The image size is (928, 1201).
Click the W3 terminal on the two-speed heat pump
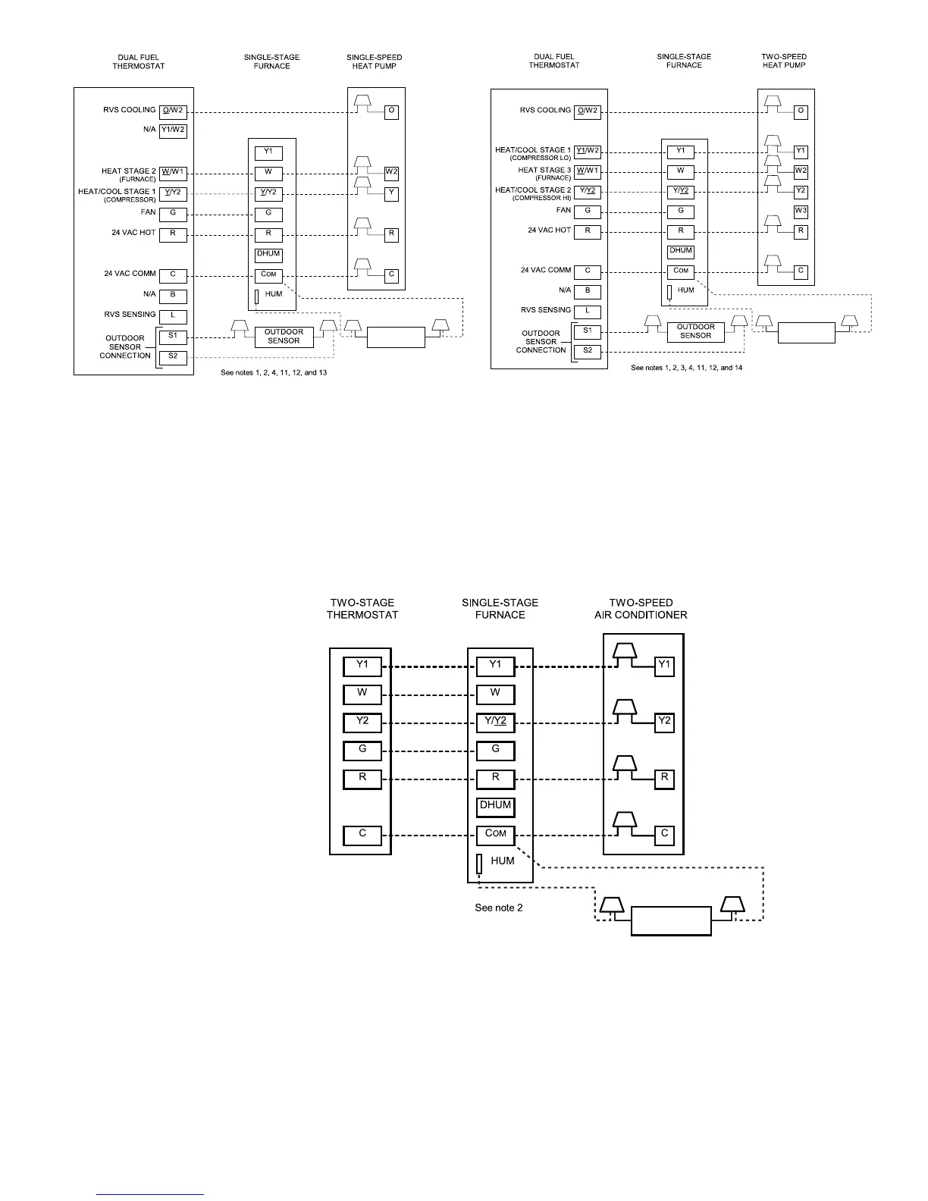pos(801,211)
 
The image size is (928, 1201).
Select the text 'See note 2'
pos(498,908)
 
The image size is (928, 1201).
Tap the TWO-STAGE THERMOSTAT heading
pos(362,609)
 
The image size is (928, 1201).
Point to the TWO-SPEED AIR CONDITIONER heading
pos(641,609)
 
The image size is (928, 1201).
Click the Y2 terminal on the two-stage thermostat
pos(362,721)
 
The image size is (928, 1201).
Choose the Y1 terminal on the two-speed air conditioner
pos(664,666)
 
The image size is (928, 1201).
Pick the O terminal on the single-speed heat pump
pos(391,111)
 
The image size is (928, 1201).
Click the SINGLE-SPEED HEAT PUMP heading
pos(375,61)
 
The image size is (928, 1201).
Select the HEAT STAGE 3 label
pos(544,170)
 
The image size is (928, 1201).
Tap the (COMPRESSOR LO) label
pos(540,158)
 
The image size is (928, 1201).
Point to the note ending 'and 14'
pos(686,368)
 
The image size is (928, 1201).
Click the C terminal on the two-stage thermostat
pos(362,834)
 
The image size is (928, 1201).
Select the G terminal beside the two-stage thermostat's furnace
pos(495,750)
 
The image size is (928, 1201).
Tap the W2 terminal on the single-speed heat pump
pos(391,172)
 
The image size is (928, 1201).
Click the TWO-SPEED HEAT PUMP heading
pos(784,61)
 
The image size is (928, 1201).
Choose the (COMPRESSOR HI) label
pos(541,198)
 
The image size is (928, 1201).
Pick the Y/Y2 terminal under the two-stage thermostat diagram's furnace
pos(495,722)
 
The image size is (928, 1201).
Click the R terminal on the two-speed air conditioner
pos(664,778)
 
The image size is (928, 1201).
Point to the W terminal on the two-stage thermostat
pos(362,693)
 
